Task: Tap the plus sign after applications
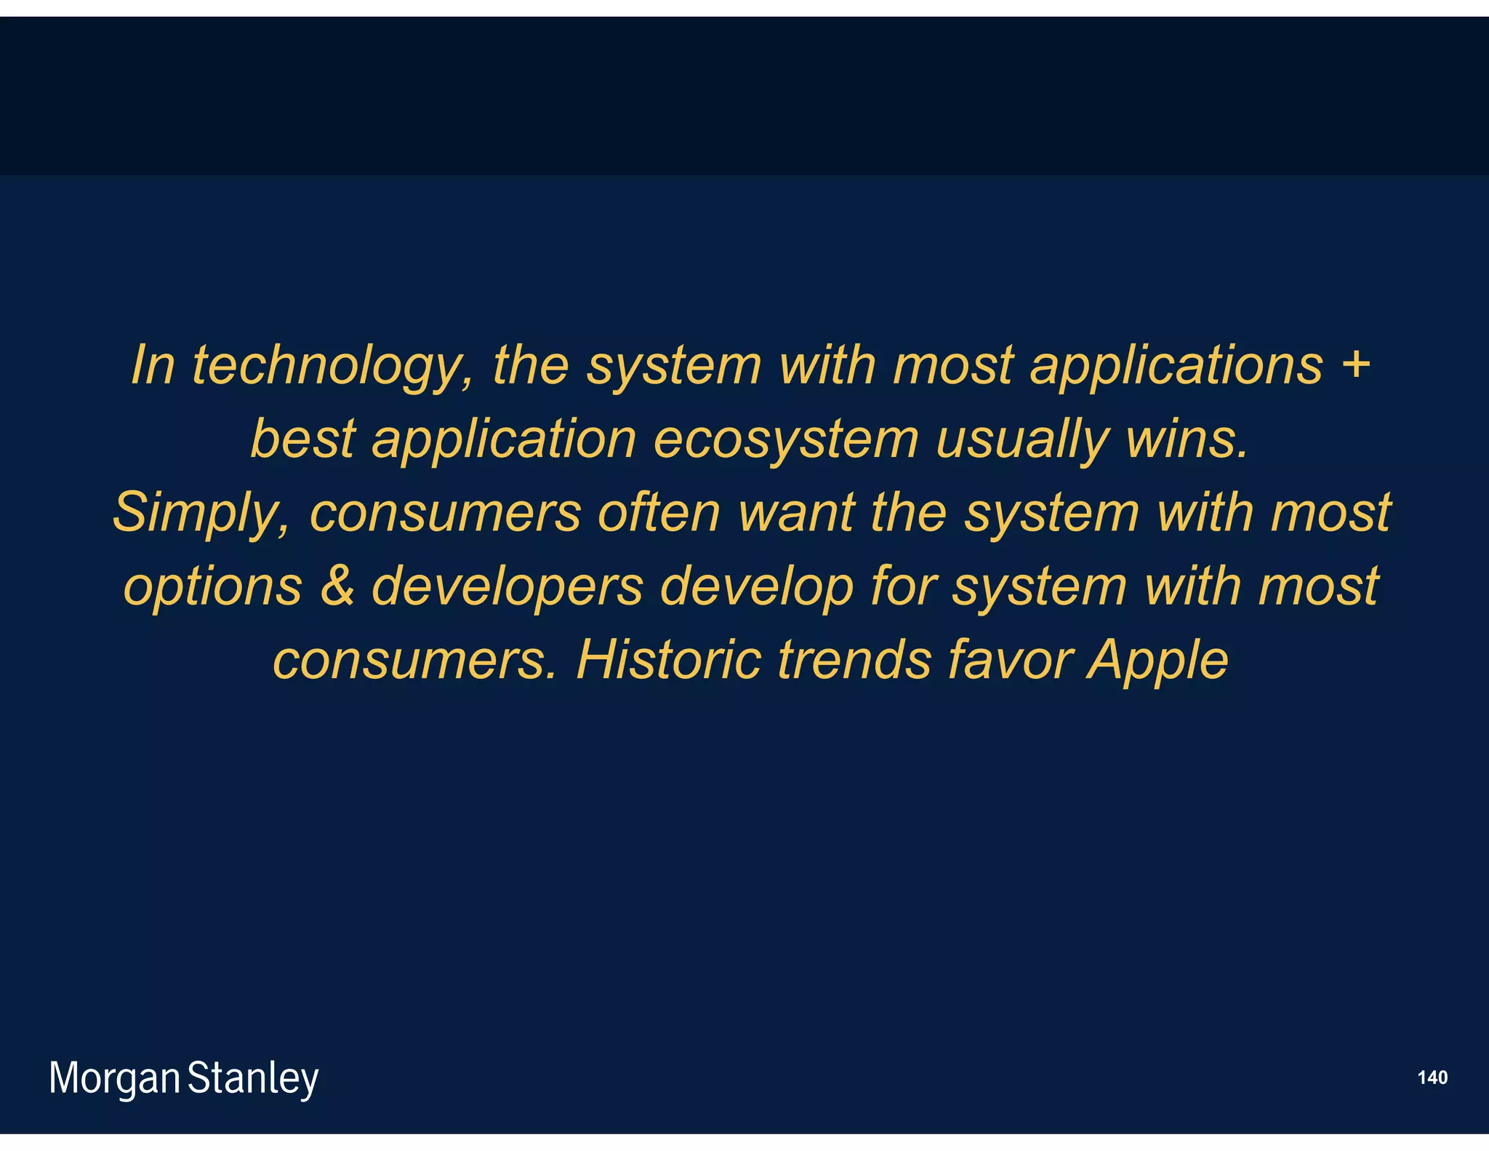[x=1355, y=364]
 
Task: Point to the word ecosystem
[x=785, y=440]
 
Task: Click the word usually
[x=1022, y=440]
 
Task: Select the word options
[x=212, y=587]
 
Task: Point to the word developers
[x=507, y=587]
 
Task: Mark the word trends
[x=854, y=659]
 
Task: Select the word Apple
[x=1157, y=661]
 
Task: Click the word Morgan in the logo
[x=114, y=1078]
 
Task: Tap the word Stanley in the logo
[x=253, y=1078]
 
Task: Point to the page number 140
[x=1432, y=1078]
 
